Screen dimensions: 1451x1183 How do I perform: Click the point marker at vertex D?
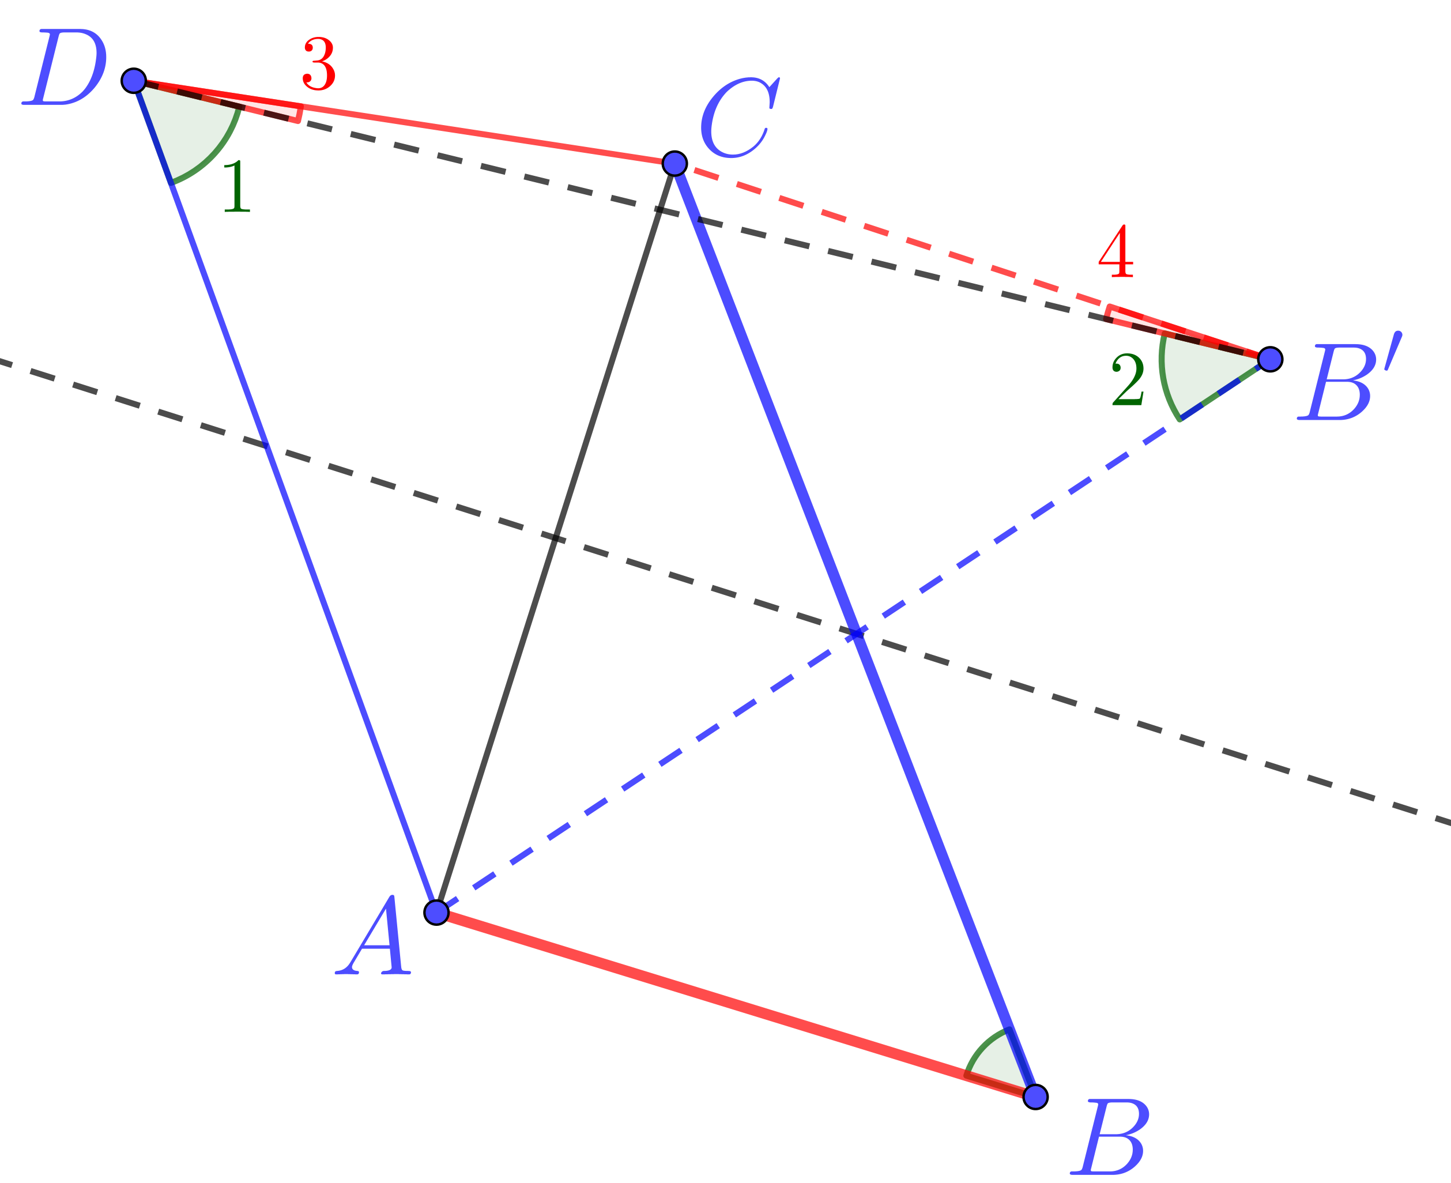[x=134, y=80]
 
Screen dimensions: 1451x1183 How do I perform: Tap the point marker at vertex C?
[x=674, y=164]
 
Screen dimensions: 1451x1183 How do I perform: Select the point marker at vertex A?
[x=436, y=912]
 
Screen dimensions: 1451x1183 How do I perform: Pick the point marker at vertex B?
[x=1035, y=1097]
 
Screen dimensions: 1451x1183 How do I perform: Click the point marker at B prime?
[x=1270, y=359]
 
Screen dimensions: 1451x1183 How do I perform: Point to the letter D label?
[x=65, y=67]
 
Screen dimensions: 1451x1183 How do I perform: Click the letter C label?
[x=740, y=117]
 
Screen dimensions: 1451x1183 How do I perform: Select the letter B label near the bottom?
[x=1110, y=1136]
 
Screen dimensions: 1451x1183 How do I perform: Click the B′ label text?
[x=1350, y=375]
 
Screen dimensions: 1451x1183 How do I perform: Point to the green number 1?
[x=237, y=187]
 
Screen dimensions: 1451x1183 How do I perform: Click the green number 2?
[x=1128, y=379]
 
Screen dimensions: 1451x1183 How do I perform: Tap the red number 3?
[x=319, y=64]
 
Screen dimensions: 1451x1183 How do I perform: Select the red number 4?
[x=1116, y=251]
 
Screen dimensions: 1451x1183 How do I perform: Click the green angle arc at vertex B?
[x=981, y=1046]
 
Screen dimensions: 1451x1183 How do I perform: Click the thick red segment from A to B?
[x=736, y=1004]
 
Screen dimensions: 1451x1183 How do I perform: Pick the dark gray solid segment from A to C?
[x=555, y=538]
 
